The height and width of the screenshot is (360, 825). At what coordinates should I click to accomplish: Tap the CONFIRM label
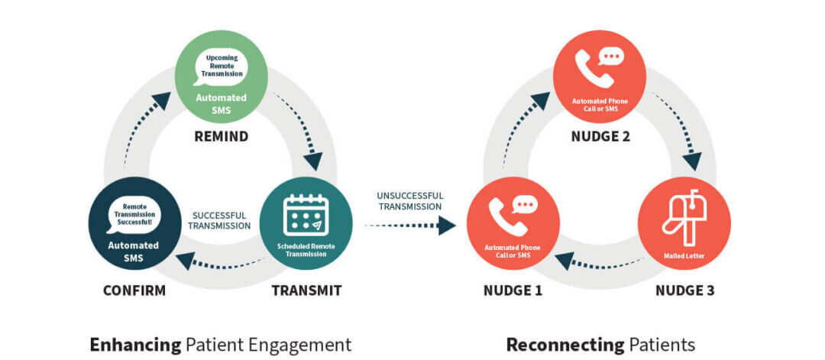(x=134, y=290)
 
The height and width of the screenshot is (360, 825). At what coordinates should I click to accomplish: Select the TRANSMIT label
(x=305, y=290)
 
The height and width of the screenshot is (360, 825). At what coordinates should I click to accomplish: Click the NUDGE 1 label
(x=513, y=290)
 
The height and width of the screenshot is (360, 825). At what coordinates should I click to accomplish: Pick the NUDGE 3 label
(x=685, y=290)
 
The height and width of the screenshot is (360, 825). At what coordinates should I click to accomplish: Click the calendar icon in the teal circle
(x=306, y=215)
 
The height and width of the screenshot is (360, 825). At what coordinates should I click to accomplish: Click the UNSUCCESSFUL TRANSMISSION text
(x=409, y=200)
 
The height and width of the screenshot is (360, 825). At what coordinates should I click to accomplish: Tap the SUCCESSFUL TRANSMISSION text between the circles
(x=219, y=220)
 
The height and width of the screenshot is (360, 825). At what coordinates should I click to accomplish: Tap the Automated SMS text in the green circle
(x=221, y=104)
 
